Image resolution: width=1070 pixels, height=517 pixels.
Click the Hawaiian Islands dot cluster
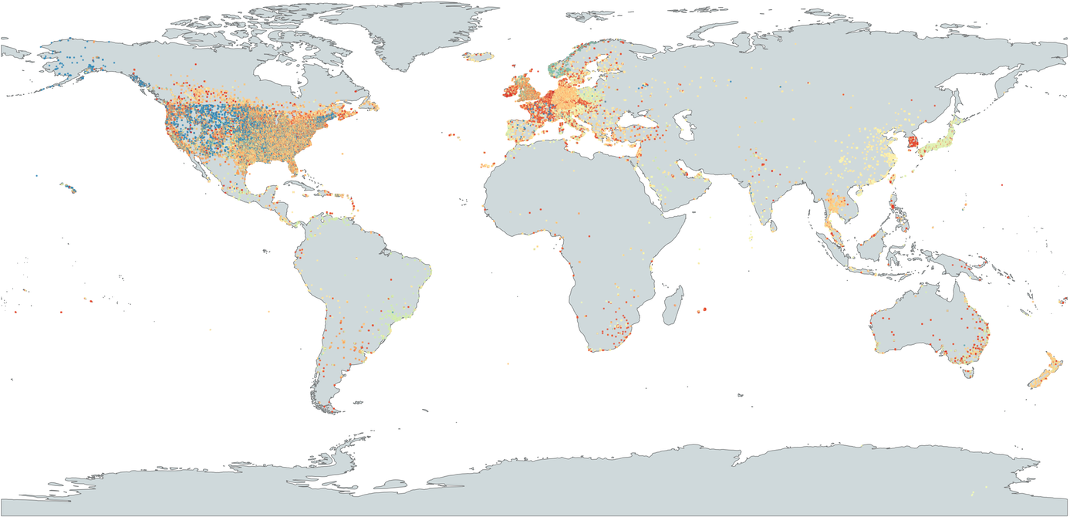(70, 188)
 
